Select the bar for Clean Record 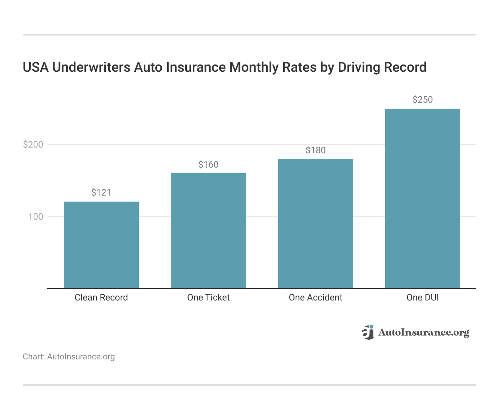(x=101, y=245)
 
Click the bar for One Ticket (x=208, y=231)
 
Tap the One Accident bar (x=315, y=223)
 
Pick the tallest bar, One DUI (x=422, y=199)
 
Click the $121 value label (x=101, y=193)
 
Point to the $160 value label (x=208, y=165)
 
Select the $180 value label (x=315, y=150)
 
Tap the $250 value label (x=422, y=100)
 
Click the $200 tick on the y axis (x=33, y=145)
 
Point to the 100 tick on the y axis (x=36, y=217)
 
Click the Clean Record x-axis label (x=101, y=297)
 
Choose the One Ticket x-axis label (x=208, y=297)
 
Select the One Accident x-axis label (x=315, y=297)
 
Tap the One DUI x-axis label (x=422, y=297)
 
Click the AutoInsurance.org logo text (x=423, y=333)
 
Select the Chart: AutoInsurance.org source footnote (x=69, y=357)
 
